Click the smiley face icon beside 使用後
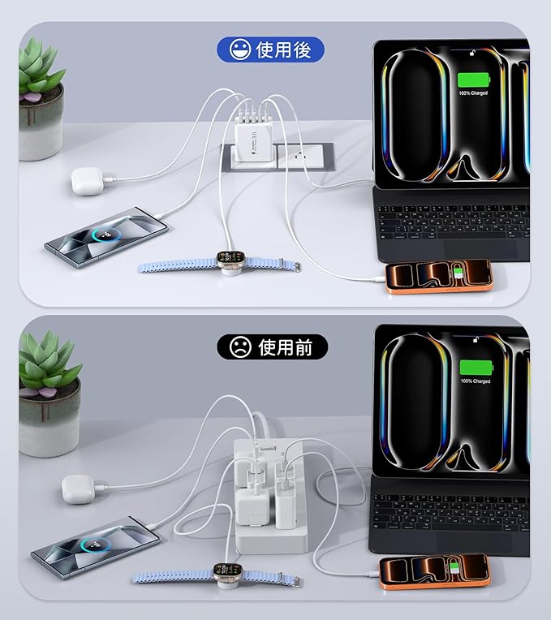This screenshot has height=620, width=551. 239,50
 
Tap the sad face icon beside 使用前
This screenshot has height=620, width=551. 239,347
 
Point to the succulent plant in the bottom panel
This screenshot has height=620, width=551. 49,369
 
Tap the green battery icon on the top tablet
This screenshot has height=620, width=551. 475,80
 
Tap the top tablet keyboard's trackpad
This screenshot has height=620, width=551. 479,247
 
